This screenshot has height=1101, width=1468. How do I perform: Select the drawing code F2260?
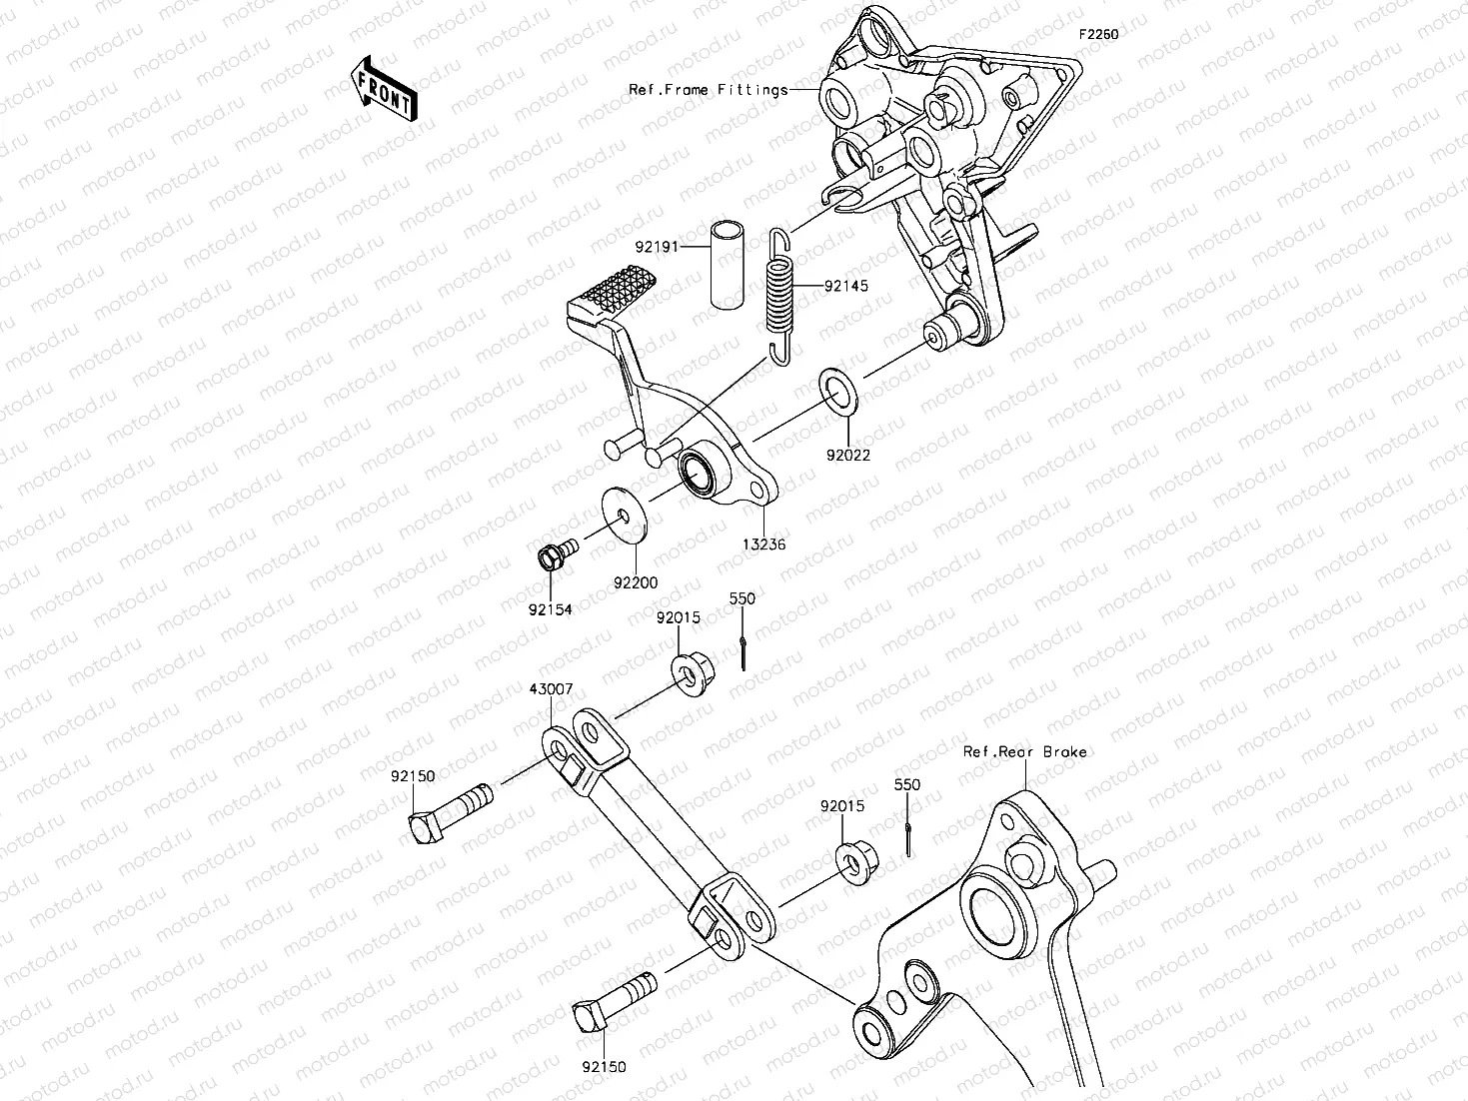(1097, 34)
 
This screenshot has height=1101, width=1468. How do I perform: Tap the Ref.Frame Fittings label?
(708, 90)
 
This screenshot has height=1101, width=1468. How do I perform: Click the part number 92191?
(657, 245)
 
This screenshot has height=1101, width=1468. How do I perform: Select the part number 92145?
(845, 286)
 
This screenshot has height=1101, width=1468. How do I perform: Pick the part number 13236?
(764, 545)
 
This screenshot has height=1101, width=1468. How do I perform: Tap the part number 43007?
(551, 690)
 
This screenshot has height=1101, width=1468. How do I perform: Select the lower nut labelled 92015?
(855, 859)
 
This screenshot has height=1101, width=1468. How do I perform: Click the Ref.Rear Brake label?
(1024, 751)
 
